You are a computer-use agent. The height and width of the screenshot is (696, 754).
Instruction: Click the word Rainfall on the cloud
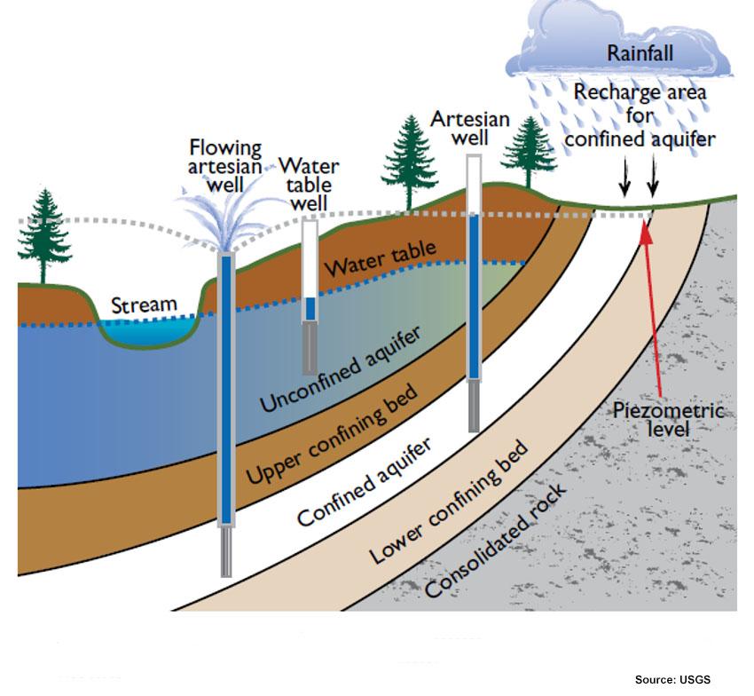point(640,53)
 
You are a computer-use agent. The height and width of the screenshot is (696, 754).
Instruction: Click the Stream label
point(144,305)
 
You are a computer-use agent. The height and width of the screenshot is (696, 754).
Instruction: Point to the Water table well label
point(309,185)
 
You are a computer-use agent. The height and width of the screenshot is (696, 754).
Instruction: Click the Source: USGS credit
point(672,679)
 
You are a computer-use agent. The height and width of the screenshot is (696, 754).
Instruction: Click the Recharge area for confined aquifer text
point(640,115)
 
